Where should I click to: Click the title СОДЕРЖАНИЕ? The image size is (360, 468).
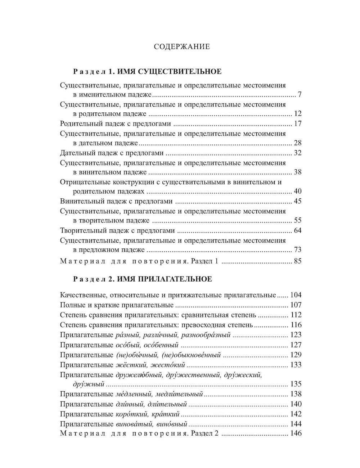click(x=181, y=47)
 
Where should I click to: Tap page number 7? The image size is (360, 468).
click(x=299, y=95)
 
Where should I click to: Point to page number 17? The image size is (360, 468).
click(x=297, y=124)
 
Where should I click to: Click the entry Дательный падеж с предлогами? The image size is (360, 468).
click(x=112, y=153)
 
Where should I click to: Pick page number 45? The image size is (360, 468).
click(x=297, y=201)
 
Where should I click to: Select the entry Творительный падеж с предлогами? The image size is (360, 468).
click(x=117, y=230)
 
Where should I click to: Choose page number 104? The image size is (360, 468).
click(x=296, y=295)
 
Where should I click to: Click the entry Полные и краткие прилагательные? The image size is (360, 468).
click(x=117, y=305)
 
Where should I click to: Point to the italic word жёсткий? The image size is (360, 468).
click(x=130, y=365)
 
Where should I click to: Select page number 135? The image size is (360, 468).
click(x=296, y=384)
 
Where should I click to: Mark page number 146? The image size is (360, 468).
click(x=296, y=433)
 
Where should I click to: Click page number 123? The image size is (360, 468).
click(x=296, y=335)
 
